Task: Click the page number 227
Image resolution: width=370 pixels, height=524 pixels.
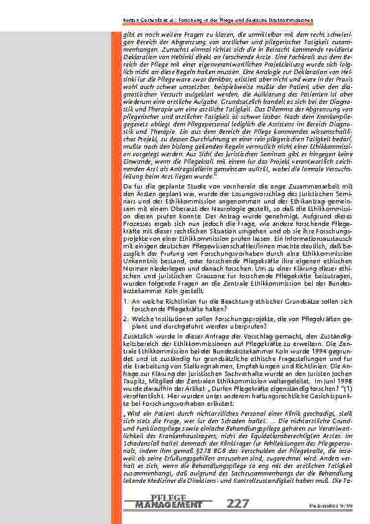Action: tap(240, 504)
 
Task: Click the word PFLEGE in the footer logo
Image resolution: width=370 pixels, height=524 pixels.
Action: tap(169, 497)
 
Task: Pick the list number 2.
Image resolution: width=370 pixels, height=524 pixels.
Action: tap(126, 318)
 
